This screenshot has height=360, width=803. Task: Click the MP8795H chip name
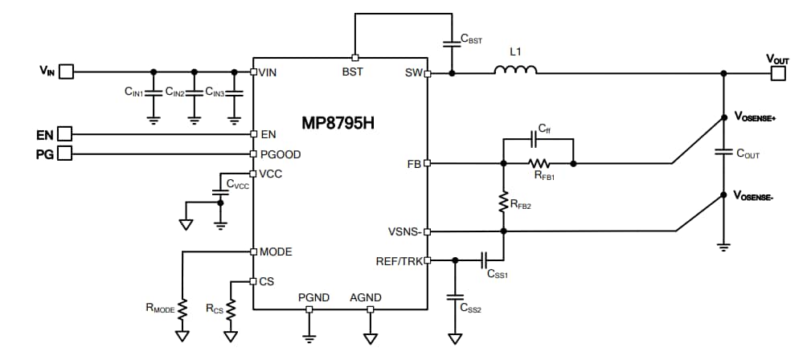[338, 125]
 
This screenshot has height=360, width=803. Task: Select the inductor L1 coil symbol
[515, 72]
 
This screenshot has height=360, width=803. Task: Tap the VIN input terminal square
[66, 72]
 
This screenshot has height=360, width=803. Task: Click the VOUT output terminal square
[778, 73]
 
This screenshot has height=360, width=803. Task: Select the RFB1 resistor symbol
[539, 163]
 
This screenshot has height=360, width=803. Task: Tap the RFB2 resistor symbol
[503, 201]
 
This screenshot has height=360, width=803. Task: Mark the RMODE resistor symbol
[183, 309]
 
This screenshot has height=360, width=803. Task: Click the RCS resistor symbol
[231, 309]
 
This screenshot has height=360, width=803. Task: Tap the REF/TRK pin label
[399, 260]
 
